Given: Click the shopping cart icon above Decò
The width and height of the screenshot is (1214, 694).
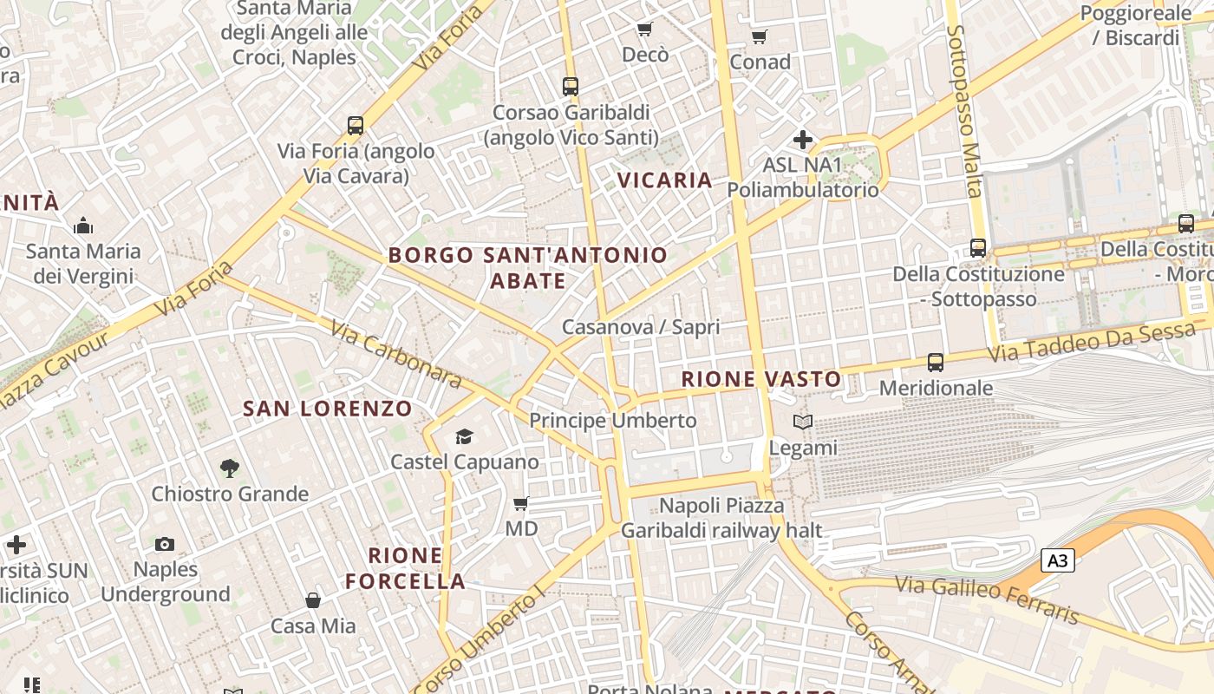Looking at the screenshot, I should (644, 30).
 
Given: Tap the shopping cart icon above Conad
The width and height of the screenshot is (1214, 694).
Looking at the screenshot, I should (760, 36).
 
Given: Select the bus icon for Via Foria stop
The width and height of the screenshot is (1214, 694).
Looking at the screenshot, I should (356, 126).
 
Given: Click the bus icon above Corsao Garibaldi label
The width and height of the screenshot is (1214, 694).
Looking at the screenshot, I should (570, 87).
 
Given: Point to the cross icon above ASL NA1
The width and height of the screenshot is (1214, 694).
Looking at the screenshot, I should (803, 139).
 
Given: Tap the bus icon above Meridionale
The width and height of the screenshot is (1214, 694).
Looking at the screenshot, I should (935, 363).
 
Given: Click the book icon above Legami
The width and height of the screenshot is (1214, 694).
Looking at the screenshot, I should (804, 422).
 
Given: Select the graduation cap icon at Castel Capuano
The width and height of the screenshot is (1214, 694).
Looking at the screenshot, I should (465, 436).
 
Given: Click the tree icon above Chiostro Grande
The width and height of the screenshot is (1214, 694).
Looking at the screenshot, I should (230, 468).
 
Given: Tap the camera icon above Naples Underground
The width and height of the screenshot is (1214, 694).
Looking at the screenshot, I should (165, 544).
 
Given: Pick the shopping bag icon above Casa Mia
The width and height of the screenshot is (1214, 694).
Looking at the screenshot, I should (313, 600).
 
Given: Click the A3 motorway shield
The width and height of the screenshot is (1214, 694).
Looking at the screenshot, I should (1057, 561).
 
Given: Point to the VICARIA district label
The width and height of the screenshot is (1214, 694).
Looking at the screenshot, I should (665, 180).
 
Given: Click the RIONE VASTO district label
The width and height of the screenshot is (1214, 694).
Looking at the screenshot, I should (760, 379).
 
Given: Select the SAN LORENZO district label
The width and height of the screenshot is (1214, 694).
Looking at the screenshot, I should (327, 409).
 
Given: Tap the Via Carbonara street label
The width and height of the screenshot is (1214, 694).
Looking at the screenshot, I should (396, 354).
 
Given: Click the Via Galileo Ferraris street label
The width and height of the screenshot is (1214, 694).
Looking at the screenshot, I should (988, 598).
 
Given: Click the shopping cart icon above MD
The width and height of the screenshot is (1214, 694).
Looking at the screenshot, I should (520, 503).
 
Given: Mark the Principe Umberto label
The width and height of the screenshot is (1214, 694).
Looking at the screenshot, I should (612, 421).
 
